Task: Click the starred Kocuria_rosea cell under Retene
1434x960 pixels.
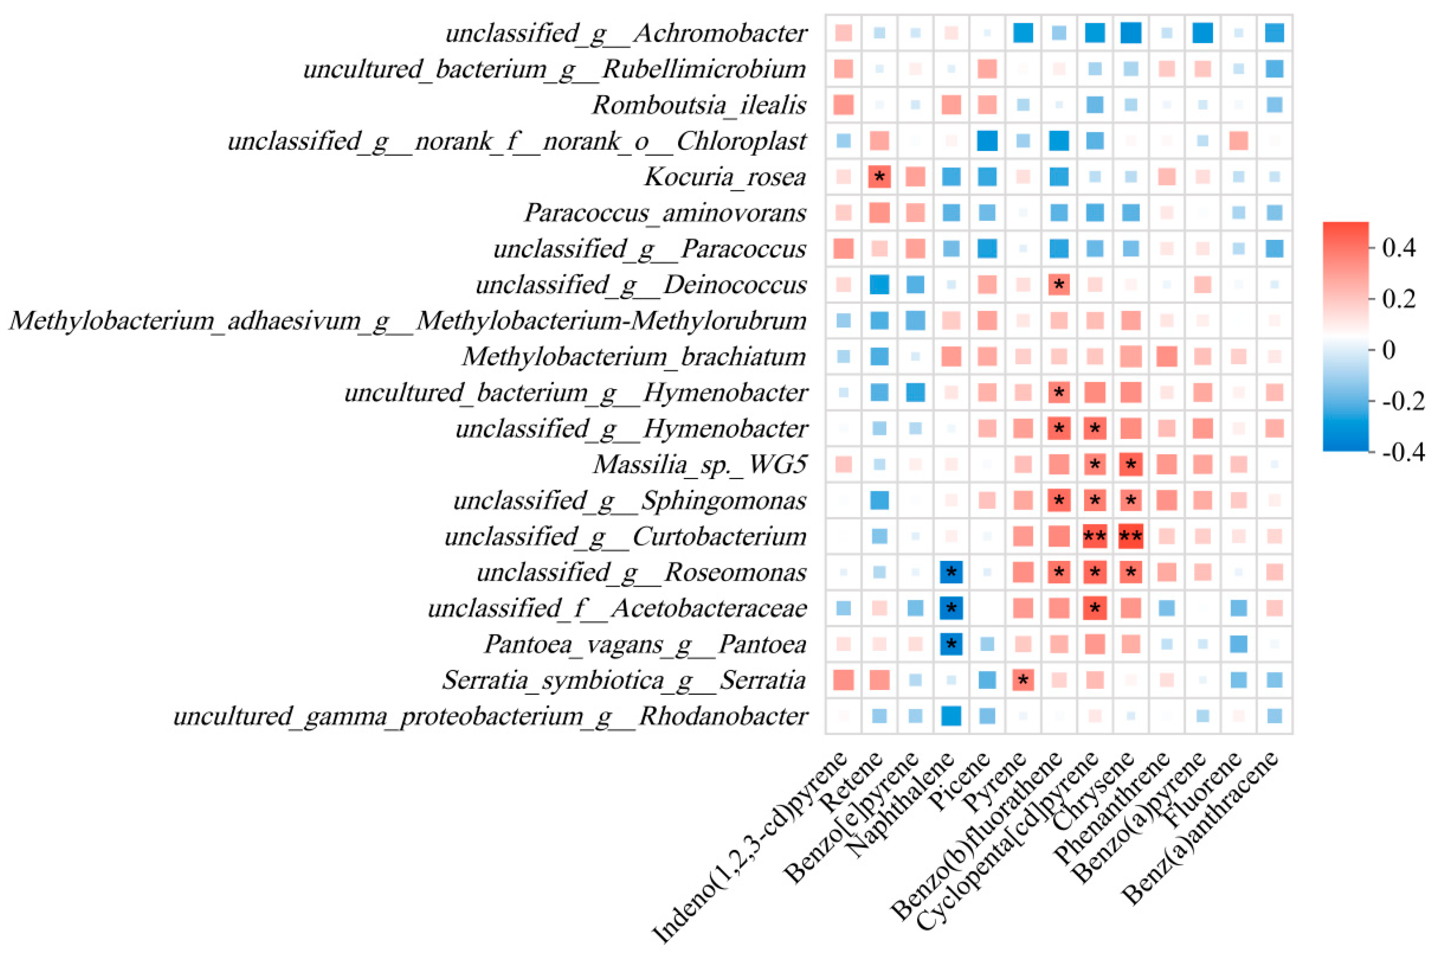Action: pyautogui.click(x=879, y=177)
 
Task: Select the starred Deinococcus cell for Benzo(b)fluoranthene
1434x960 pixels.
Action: pyautogui.click(x=1059, y=285)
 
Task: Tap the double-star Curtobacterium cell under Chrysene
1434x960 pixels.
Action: pyautogui.click(x=1131, y=537)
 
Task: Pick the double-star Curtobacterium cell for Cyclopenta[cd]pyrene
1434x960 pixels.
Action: pyautogui.click(x=1095, y=537)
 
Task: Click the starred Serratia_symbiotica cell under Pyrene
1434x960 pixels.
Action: pyautogui.click(x=1023, y=680)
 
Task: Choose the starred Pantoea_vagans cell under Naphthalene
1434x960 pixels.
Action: pyautogui.click(x=951, y=644)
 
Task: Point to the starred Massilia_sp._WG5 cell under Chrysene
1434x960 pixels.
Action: pyautogui.click(x=1131, y=465)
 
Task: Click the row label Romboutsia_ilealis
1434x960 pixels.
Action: pyautogui.click(x=699, y=105)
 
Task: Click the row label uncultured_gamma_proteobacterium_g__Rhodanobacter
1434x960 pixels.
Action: pyautogui.click(x=490, y=716)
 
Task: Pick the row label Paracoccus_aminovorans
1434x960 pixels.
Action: pyautogui.click(x=665, y=213)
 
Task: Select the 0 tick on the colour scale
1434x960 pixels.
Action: pyautogui.click(x=1389, y=350)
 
